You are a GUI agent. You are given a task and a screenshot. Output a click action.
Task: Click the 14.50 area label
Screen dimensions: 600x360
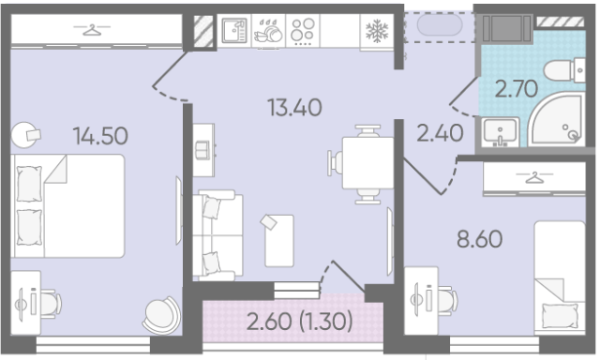coord(100,136)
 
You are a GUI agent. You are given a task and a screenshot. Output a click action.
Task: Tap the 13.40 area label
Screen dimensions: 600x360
coord(294,108)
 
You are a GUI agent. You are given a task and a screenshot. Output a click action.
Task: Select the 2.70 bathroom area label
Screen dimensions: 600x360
coord(517,89)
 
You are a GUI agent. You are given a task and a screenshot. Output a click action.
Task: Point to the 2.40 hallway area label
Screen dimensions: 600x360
coord(440,133)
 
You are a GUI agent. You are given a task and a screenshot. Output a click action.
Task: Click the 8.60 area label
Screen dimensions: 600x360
coord(479,239)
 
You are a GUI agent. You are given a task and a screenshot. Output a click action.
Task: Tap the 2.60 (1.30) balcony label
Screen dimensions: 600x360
coord(300,321)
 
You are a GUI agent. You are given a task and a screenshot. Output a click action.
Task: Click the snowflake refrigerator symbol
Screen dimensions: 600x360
coord(377,31)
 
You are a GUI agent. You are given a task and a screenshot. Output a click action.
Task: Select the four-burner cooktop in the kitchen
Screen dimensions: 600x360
coord(302,31)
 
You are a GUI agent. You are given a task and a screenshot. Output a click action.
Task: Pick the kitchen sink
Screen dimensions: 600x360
coord(234,31)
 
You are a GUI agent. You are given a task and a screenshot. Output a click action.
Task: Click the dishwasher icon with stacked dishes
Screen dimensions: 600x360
coord(269,31)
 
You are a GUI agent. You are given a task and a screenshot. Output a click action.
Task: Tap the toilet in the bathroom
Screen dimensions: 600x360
coord(564,70)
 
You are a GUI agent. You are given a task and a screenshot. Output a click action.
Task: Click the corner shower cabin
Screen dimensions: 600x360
coord(557,119)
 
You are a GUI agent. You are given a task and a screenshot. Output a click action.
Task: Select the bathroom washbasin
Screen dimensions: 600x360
coord(500,131)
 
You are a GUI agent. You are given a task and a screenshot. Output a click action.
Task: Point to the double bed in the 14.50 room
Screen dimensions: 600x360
coord(67,206)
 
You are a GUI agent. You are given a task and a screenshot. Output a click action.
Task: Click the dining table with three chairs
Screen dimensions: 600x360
coord(362,164)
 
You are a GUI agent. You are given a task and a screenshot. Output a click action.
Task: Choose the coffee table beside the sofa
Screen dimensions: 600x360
coord(279,241)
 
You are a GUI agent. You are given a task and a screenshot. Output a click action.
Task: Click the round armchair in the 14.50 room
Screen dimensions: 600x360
coord(161,314)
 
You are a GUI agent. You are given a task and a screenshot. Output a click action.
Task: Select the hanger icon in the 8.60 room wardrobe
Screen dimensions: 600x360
coord(534,177)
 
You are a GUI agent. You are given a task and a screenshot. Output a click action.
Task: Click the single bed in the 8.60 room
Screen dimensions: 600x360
coord(560,278)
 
